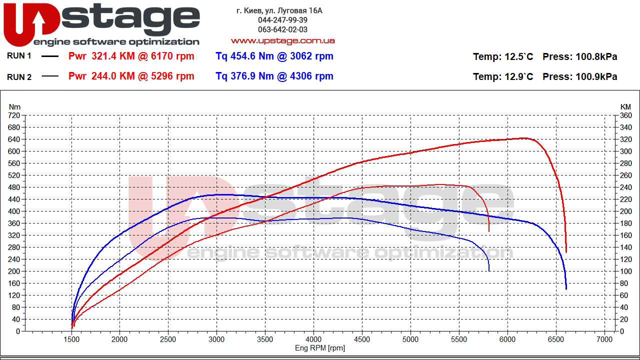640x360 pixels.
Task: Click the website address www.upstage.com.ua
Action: pos(282,40)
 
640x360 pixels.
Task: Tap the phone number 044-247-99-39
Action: pos(282,20)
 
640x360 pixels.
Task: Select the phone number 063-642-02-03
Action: pos(282,29)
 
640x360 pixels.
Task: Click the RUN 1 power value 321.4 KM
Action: pos(113,56)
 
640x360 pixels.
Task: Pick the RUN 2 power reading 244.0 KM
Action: pos(113,76)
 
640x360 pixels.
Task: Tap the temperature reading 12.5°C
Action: pos(519,56)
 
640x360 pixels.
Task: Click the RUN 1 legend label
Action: pos(19,56)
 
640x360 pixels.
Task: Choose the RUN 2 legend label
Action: pos(19,76)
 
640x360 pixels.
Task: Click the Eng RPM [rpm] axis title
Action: pos(319,348)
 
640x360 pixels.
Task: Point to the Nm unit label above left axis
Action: pos(15,106)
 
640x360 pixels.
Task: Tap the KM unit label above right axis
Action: pos(625,106)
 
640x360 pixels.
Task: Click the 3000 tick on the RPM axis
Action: pos(216,339)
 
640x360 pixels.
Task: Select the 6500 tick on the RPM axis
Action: pos(556,339)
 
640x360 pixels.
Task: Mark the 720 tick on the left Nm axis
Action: pos(14,115)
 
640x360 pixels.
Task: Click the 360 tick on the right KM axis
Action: pos(625,115)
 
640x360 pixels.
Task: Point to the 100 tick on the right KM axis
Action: pos(625,271)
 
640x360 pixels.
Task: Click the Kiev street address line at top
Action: pos(279,10)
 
